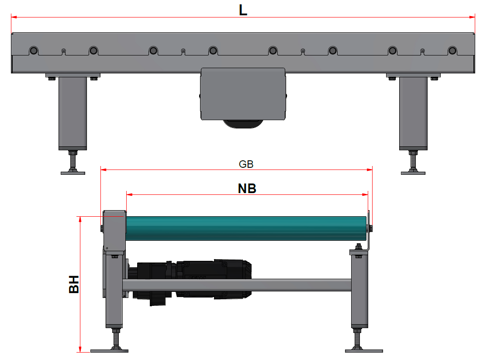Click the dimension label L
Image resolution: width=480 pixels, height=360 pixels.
click(x=243, y=10)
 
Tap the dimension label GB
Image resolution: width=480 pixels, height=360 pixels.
click(x=246, y=164)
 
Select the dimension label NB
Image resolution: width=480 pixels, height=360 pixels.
click(x=247, y=188)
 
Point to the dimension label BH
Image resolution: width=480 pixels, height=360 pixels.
click(x=74, y=284)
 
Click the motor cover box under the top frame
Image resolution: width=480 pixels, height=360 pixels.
click(x=242, y=93)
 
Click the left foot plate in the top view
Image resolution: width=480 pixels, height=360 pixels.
click(x=73, y=173)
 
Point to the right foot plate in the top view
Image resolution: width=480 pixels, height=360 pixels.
click(x=413, y=173)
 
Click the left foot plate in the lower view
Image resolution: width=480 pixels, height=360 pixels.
click(x=109, y=350)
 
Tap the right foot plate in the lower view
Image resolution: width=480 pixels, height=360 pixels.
click(x=364, y=350)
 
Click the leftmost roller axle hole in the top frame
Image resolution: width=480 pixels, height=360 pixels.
click(x=33, y=50)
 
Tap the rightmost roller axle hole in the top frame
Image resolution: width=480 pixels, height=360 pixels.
click(x=452, y=50)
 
